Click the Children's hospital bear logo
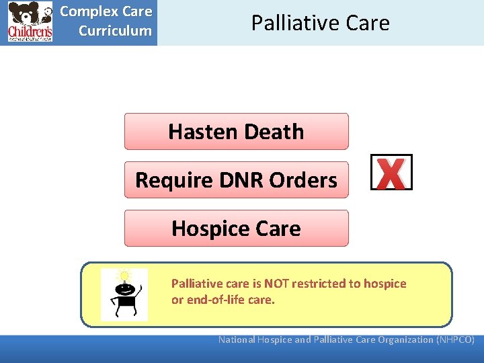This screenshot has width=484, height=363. click(30, 22)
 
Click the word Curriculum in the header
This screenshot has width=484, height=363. click(115, 31)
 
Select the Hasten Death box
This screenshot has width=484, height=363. click(236, 132)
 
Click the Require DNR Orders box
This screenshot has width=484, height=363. click(236, 180)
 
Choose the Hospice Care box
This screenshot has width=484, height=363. click(236, 229)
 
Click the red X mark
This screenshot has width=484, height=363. click(391, 173)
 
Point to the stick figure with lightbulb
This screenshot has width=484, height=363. click(124, 296)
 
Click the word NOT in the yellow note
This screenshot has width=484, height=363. click(277, 284)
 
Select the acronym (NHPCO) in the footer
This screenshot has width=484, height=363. click(456, 339)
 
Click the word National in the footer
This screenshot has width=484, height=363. click(237, 339)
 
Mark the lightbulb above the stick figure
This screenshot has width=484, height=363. click(124, 276)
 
